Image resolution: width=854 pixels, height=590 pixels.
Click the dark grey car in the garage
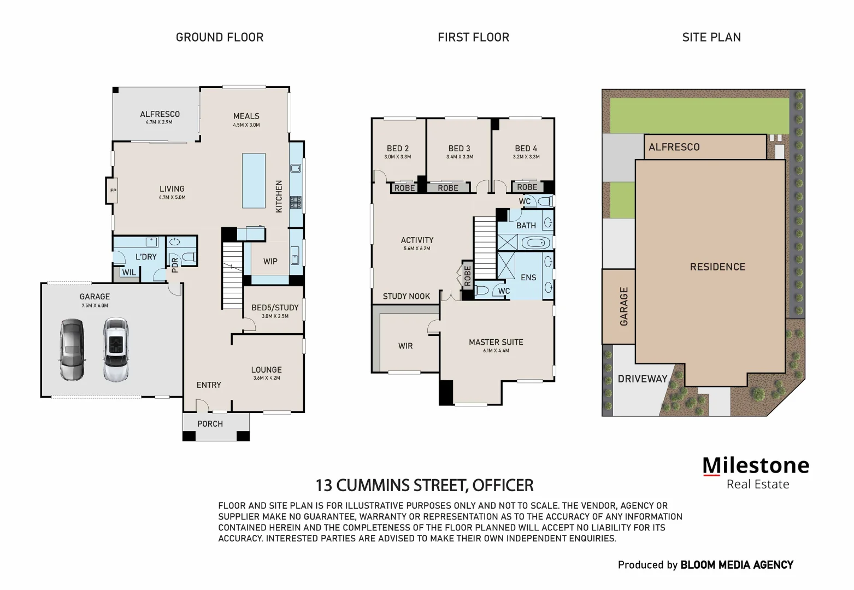[x=72, y=350]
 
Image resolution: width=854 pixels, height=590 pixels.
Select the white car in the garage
[x=115, y=350]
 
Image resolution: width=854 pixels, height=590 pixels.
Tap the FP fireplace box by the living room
[x=113, y=191]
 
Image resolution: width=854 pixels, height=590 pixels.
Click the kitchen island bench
[x=254, y=180]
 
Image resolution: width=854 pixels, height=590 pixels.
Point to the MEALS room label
[x=246, y=116]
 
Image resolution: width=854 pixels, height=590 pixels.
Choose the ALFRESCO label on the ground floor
[x=160, y=114]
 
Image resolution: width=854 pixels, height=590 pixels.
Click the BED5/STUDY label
[x=275, y=308]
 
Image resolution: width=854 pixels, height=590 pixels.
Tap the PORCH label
[x=210, y=424]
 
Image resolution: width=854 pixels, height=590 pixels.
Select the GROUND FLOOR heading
[x=220, y=37]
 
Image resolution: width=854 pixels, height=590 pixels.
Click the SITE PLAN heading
[x=711, y=37]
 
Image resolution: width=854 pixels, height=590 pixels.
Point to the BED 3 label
[x=459, y=149]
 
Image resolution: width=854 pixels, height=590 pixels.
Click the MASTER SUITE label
[x=496, y=342]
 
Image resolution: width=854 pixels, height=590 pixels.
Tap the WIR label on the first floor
[x=405, y=346]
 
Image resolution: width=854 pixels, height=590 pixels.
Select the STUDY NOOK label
[x=406, y=296]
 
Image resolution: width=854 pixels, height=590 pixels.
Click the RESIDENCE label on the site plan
[x=717, y=267]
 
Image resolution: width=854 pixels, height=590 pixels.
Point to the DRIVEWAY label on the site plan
[x=643, y=379]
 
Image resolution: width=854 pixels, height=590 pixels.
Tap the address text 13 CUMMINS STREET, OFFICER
[x=425, y=485]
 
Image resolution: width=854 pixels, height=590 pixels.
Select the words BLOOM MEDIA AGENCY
[x=737, y=565]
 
